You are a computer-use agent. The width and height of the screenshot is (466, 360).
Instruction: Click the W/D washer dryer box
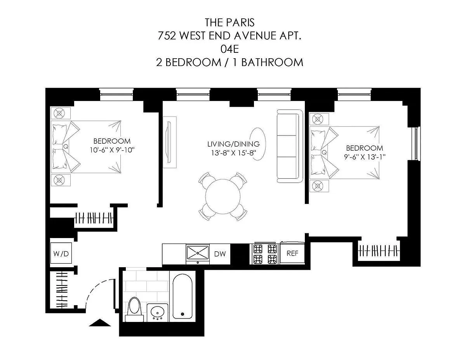[61, 253]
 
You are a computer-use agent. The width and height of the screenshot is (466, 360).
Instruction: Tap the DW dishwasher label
[220, 254]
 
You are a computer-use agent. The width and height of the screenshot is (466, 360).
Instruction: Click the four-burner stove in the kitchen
[265, 254]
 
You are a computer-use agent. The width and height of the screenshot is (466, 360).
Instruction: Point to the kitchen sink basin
[198, 252]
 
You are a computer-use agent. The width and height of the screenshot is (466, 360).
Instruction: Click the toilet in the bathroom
[134, 309]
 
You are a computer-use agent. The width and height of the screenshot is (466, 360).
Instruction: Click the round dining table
[223, 197]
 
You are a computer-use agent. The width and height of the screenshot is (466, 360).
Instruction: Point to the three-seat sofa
[290, 146]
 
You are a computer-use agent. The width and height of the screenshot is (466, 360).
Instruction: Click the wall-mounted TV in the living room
[169, 142]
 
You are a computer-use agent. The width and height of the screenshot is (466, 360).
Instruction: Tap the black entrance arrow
[100, 322]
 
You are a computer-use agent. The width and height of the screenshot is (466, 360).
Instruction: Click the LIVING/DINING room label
[233, 144]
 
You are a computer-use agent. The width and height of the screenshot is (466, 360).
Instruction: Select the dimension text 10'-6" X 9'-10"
[112, 150]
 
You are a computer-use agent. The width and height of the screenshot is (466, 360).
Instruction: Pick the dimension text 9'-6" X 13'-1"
[365, 157]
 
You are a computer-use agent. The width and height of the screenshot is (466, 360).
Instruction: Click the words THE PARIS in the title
[230, 23]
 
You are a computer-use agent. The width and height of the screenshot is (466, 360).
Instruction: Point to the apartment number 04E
[230, 49]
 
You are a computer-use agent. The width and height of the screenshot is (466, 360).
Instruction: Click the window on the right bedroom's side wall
[416, 143]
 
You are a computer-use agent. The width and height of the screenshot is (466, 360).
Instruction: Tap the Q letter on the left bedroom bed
[66, 146]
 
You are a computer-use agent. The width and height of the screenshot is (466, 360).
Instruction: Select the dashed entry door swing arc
[97, 287]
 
